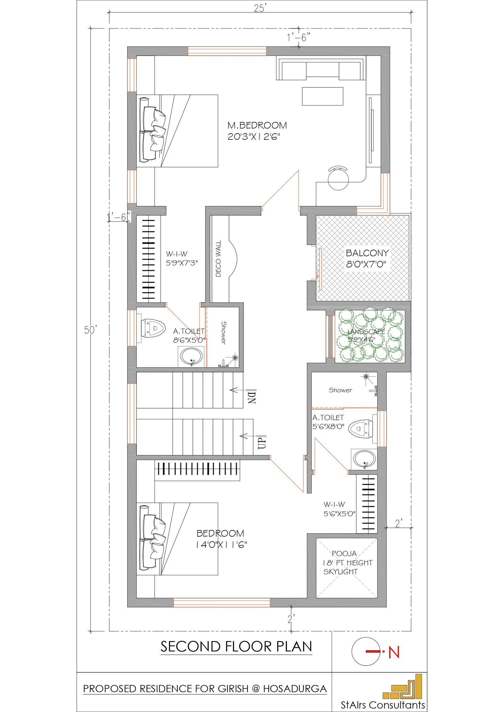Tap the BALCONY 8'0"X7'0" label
point(367,258)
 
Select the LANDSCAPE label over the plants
point(366,332)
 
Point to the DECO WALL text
point(218,259)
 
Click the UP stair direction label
point(262,442)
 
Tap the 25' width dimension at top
point(260,8)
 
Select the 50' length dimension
point(90,330)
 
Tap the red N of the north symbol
point(394,652)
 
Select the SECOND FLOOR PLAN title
point(236,647)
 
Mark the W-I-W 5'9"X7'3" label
point(182,258)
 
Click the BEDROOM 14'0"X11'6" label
point(221,539)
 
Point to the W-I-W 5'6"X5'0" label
point(339,509)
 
